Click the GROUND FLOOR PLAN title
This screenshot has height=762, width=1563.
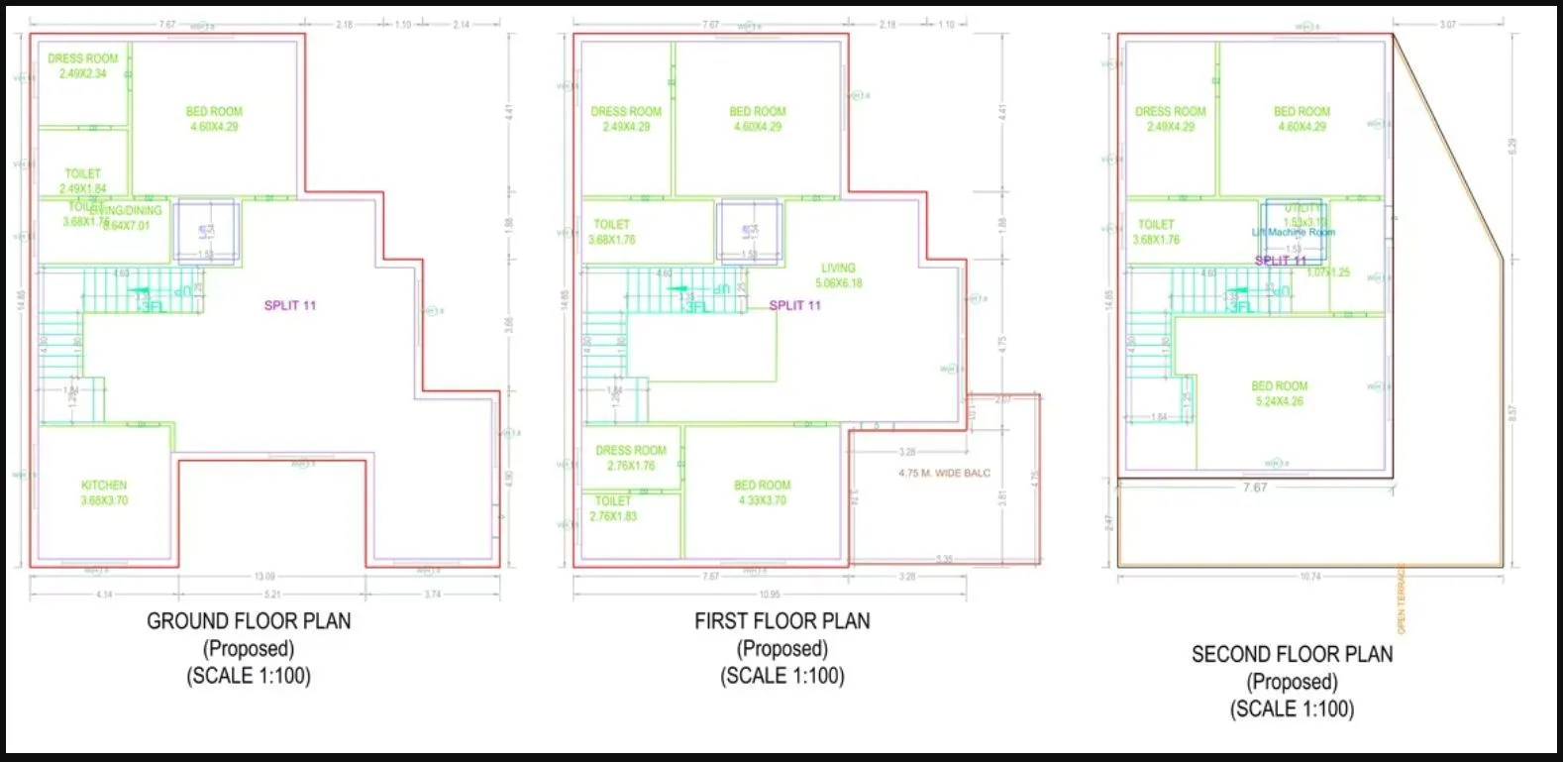249,621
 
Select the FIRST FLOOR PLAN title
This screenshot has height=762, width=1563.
781,621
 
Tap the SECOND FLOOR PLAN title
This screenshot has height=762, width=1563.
1292,654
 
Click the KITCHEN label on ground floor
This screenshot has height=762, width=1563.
104,492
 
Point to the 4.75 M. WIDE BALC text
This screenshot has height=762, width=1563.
943,474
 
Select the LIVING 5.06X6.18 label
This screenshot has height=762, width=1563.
838,275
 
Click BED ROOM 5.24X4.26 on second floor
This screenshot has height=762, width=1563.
1279,393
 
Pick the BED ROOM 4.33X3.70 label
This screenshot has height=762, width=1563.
762,492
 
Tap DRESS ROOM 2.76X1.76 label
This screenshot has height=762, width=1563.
631,458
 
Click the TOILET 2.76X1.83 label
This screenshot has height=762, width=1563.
613,508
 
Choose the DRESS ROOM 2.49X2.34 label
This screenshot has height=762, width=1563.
82,65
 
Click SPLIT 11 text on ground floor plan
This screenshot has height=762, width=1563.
289,305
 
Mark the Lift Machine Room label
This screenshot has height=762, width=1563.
1293,232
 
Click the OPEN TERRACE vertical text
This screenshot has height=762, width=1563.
1402,599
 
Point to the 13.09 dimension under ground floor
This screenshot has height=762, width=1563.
264,577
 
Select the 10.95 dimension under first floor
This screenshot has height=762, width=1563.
769,595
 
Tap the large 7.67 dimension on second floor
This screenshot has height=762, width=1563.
1254,488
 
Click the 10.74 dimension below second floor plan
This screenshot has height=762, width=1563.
1309,577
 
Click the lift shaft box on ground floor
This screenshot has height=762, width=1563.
206,231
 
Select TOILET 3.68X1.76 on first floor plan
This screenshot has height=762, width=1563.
611,232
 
